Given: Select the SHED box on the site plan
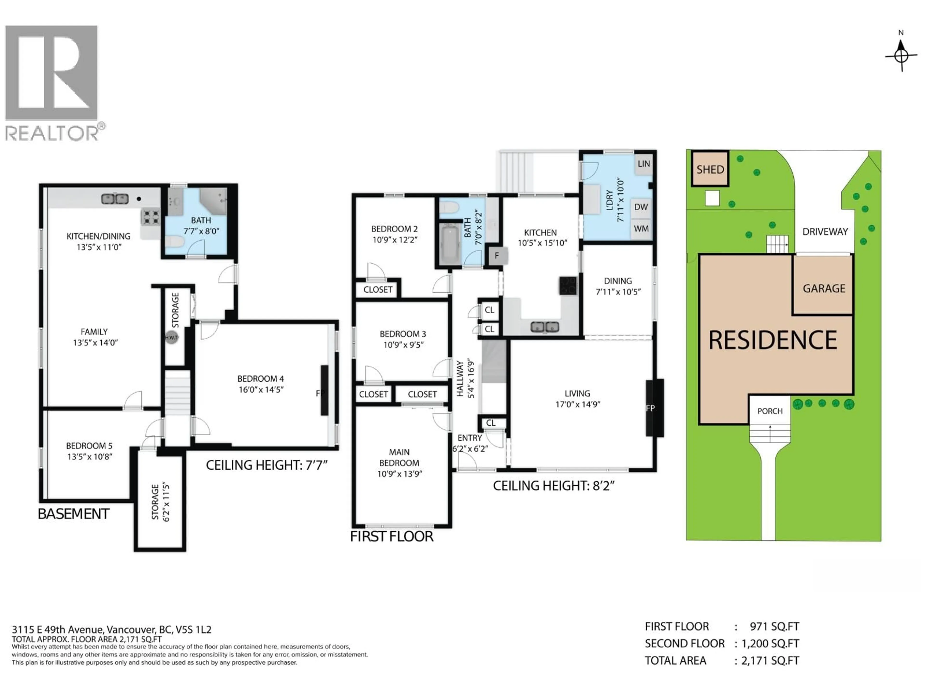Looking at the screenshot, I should click(710, 169).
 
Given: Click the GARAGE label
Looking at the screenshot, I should click(823, 288).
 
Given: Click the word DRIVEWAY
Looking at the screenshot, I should click(825, 232).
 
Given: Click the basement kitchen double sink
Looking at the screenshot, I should click(115, 199).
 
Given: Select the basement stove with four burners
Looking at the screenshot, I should click(151, 217).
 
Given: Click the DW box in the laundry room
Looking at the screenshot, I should click(641, 207).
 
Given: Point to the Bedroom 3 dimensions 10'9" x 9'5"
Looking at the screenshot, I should click(403, 345).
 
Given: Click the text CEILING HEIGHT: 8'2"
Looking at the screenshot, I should click(553, 486).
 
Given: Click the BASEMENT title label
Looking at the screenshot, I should click(74, 514).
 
